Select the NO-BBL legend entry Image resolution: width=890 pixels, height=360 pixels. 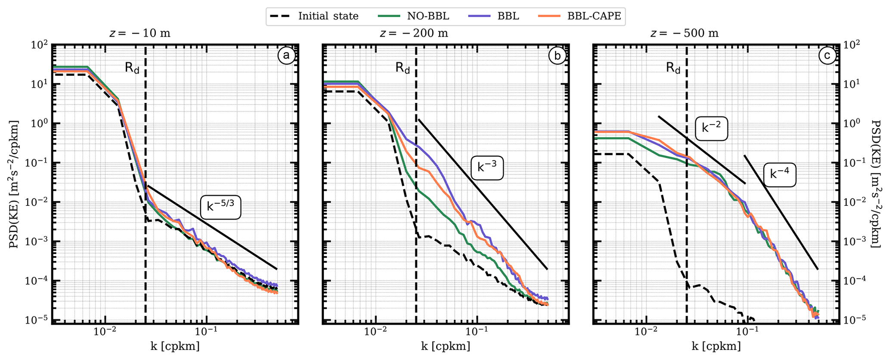click(x=414, y=16)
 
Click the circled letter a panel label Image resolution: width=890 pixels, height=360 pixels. click(x=286, y=56)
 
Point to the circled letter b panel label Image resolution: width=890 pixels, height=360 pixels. click(x=557, y=56)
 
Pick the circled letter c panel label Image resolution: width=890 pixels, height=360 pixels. click(x=827, y=56)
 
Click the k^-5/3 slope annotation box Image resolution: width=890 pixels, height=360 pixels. click(x=220, y=207)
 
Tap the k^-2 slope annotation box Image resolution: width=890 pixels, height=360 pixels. click(x=711, y=128)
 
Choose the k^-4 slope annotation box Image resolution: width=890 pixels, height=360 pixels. click(x=779, y=174)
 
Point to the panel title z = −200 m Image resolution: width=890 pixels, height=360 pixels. click(x=413, y=33)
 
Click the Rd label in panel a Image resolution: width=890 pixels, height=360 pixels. click(x=132, y=68)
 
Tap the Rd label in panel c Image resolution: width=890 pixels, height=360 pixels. click(x=673, y=68)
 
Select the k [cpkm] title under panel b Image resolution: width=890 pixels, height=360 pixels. click(x=446, y=347)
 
